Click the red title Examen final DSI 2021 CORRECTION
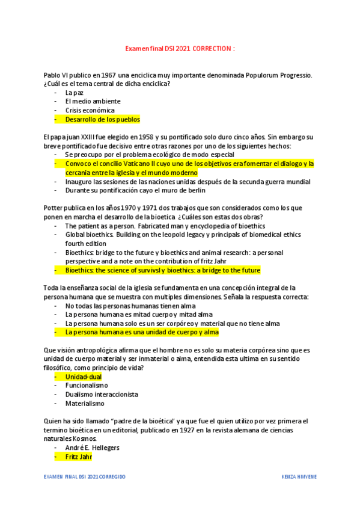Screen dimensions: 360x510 pyautogui.click(x=180, y=48)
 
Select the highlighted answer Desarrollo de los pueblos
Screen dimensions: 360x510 pyautogui.click(x=102, y=119)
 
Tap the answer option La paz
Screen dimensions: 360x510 pyautogui.click(x=75, y=93)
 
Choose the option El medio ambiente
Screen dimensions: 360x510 pyautogui.click(x=93, y=102)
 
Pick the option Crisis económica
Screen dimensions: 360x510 pyautogui.click(x=90, y=111)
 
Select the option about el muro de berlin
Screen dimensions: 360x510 pyautogui.click(x=135, y=190)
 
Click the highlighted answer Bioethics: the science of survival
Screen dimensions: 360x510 pyautogui.click(x=162, y=270)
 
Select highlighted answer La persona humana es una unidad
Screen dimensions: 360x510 pyautogui.click(x=142, y=332)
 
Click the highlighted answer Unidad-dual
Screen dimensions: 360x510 pyautogui.click(x=84, y=376)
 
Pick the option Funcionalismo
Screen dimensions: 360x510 pyautogui.click(x=87, y=386)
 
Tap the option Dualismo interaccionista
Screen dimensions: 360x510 pyautogui.click(x=102, y=395)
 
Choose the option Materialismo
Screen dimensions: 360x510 pyautogui.click(x=85, y=404)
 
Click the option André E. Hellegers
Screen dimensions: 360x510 pyautogui.click(x=93, y=448)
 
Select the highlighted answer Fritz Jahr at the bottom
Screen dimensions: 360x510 pyautogui.click(x=79, y=457)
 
